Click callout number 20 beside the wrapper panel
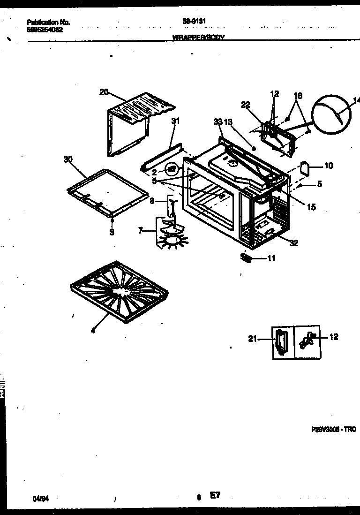pos(104,92)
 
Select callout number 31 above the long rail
pos(175,121)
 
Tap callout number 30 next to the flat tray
pos(68,159)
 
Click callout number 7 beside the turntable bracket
pos(141,230)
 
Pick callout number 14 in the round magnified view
pos(356,99)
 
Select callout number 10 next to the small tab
pos(329,166)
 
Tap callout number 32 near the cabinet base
pos(294,243)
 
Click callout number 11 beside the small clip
pos(271,258)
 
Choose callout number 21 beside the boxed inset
pos(253,339)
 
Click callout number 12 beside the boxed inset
pos(333,337)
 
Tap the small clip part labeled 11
pos(246,257)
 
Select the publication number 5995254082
pos(45,29)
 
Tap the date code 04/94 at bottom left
pos(40,499)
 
